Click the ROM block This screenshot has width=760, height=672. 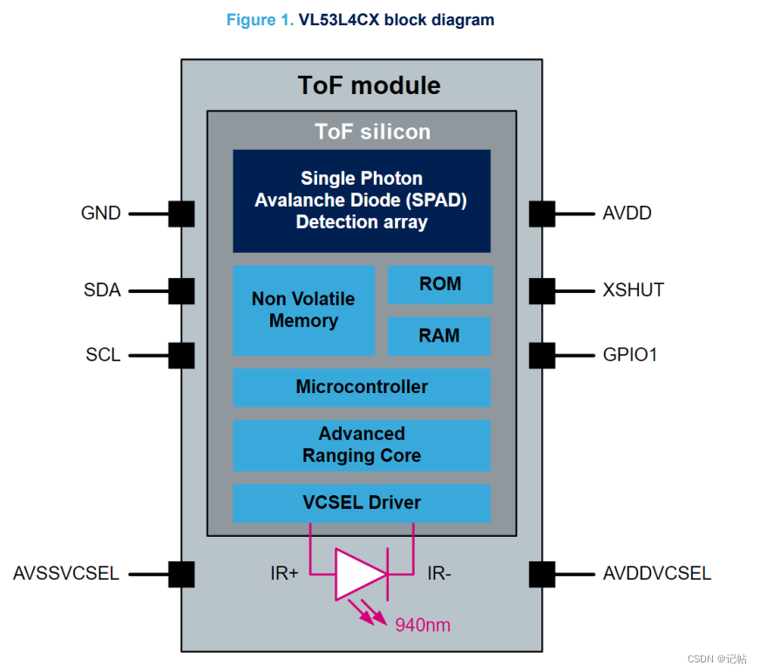[x=440, y=284]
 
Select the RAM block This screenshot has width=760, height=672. [x=440, y=336]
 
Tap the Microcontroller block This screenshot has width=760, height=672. [x=362, y=387]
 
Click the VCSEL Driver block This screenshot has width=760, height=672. [x=362, y=503]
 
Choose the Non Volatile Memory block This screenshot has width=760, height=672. [x=303, y=310]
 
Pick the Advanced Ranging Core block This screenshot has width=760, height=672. [x=362, y=445]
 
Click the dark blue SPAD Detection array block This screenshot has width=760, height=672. [x=362, y=200]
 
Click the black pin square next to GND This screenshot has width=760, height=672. [x=181, y=214]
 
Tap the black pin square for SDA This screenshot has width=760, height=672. [x=181, y=291]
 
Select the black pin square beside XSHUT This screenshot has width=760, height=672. [x=541, y=290]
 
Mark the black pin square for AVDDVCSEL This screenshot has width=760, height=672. [x=541, y=574]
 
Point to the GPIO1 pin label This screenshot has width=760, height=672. [x=630, y=356]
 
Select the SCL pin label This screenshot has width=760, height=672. [x=103, y=356]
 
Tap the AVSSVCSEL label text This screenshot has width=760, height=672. [x=66, y=574]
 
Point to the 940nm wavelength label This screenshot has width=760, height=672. [x=423, y=625]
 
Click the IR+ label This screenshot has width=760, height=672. [x=284, y=574]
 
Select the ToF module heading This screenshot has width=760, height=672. [x=369, y=85]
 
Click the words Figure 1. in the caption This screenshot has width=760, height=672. [x=260, y=20]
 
